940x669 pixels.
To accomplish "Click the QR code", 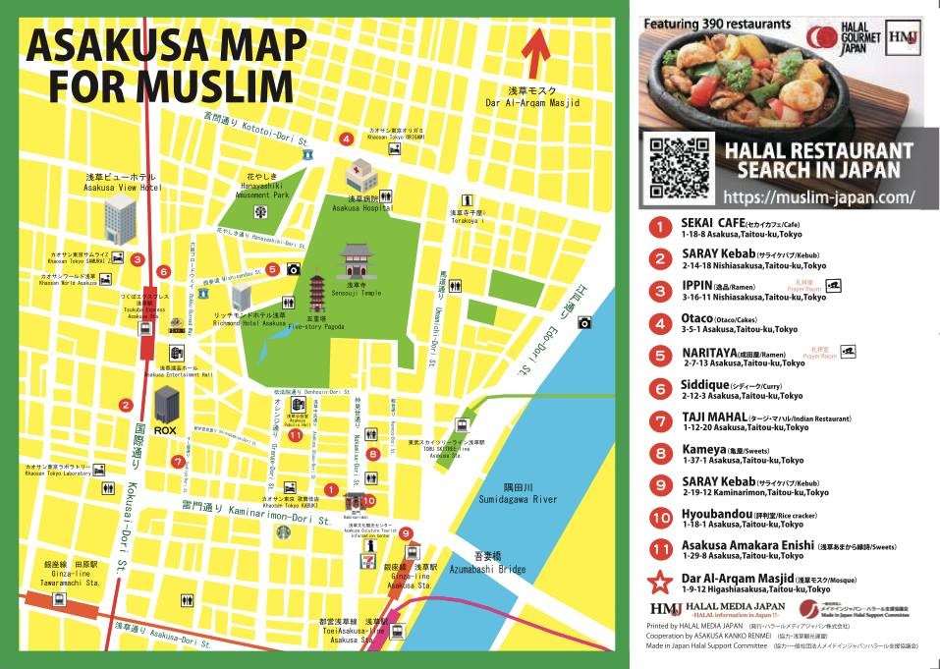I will [x=680, y=168].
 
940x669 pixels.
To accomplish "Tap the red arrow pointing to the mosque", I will [x=534, y=54].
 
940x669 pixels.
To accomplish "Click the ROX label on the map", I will [x=165, y=430].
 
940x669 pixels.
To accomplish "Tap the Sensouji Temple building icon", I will [x=356, y=262].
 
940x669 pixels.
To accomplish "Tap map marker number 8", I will [x=373, y=454].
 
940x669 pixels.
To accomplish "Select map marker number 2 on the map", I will [x=126, y=405].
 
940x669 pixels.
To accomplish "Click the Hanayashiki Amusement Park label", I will [x=259, y=187].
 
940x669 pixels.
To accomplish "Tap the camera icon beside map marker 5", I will [x=292, y=269].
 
